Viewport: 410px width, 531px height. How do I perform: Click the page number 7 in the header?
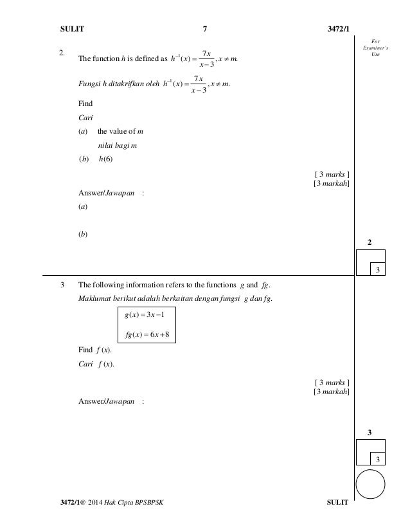204,28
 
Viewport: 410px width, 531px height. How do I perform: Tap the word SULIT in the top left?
72,28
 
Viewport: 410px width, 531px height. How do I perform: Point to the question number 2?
62,53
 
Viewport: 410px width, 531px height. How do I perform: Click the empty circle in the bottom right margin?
370,483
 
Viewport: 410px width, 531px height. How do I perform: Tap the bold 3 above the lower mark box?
370,432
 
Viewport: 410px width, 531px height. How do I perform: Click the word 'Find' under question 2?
85,103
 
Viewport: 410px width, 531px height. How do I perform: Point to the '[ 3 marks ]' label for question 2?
332,174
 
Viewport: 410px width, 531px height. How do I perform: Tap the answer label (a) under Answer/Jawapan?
82,207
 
